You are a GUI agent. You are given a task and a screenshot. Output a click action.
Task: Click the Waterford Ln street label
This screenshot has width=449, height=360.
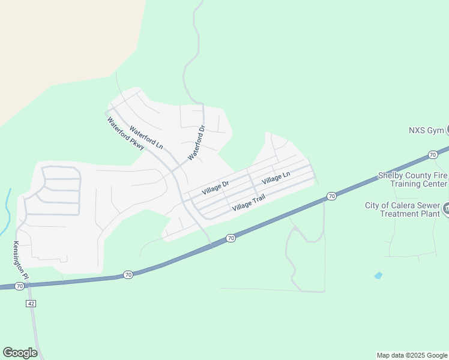[x=146, y=137]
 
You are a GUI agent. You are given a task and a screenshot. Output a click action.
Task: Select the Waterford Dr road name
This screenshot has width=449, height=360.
[x=197, y=143]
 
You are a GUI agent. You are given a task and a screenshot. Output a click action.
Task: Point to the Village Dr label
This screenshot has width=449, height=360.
[x=215, y=187]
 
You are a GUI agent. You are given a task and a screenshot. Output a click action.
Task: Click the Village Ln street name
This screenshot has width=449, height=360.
[x=276, y=178]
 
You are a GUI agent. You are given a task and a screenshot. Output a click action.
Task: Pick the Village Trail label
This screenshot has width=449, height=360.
[x=249, y=202]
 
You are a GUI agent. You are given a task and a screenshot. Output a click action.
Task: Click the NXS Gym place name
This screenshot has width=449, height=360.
[x=426, y=130]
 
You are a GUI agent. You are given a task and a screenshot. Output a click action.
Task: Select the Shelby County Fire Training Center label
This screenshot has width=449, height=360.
[x=412, y=179]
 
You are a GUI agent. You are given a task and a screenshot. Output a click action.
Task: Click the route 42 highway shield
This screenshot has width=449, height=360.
[x=31, y=304]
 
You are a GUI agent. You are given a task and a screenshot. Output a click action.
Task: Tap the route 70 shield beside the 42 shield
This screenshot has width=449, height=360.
[x=20, y=287]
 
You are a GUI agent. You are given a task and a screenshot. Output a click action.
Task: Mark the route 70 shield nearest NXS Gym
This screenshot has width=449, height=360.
[x=433, y=155]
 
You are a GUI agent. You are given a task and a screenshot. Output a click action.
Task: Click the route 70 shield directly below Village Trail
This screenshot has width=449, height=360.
[x=231, y=239]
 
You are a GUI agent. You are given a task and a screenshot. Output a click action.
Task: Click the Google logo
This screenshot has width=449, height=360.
[x=20, y=353]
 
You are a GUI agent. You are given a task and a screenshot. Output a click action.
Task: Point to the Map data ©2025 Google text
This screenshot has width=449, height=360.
[x=412, y=355]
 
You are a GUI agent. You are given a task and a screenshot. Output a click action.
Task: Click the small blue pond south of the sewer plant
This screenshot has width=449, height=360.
[x=378, y=275]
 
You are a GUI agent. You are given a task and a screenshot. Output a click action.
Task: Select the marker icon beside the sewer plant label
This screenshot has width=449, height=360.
[x=447, y=209]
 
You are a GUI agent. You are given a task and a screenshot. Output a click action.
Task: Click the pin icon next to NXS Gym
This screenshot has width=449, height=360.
[x=447, y=130]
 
